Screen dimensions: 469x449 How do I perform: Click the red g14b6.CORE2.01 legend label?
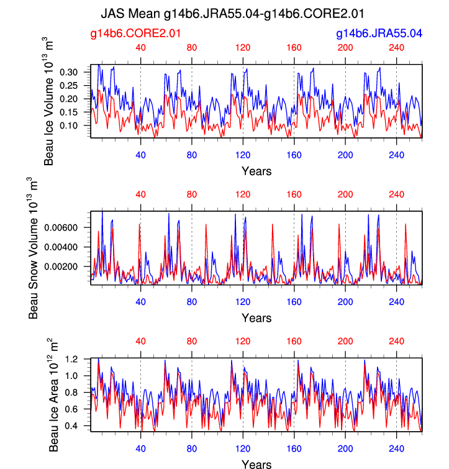point(136,33)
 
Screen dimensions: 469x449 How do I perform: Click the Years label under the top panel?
point(256,171)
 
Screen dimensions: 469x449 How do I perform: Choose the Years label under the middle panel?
point(256,318)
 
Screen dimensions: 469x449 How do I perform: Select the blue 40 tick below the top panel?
point(140,156)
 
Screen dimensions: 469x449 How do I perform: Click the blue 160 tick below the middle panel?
point(294,303)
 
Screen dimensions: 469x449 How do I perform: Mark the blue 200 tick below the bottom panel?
point(345,450)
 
